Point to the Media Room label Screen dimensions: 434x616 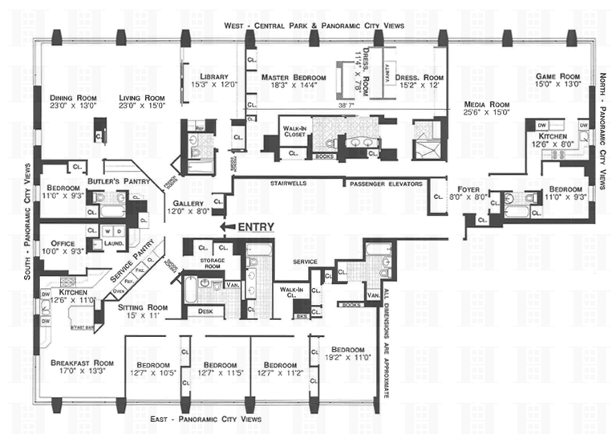point(488,103)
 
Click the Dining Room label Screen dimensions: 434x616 point(70,96)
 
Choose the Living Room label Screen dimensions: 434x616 point(141,96)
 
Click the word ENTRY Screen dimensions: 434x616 point(256,227)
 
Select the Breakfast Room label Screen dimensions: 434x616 point(75,362)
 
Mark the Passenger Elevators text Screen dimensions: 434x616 point(385,184)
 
